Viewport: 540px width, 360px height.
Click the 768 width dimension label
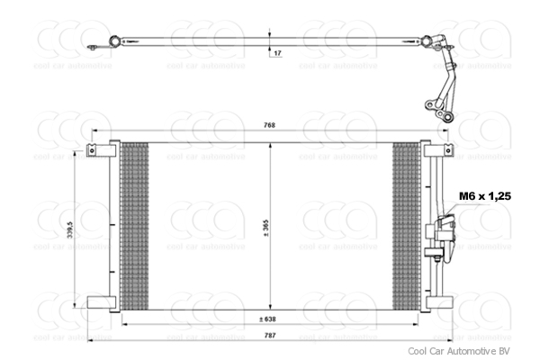pyautogui.click(x=268, y=125)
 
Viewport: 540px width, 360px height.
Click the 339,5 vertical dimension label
pyautogui.click(x=70, y=231)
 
